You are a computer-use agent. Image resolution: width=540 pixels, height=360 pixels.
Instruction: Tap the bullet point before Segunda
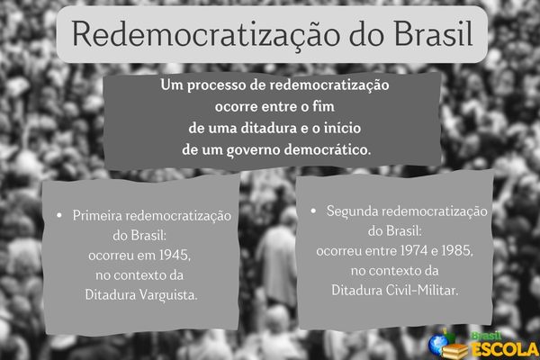click(x=314, y=211)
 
